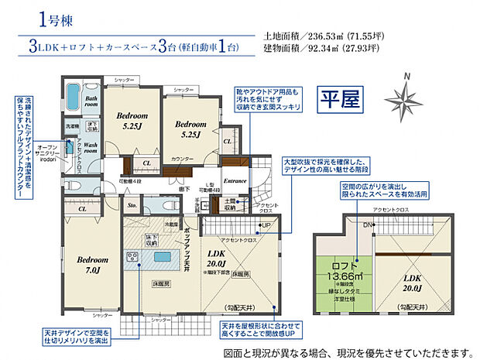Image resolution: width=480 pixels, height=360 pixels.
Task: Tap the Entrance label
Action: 235,180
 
